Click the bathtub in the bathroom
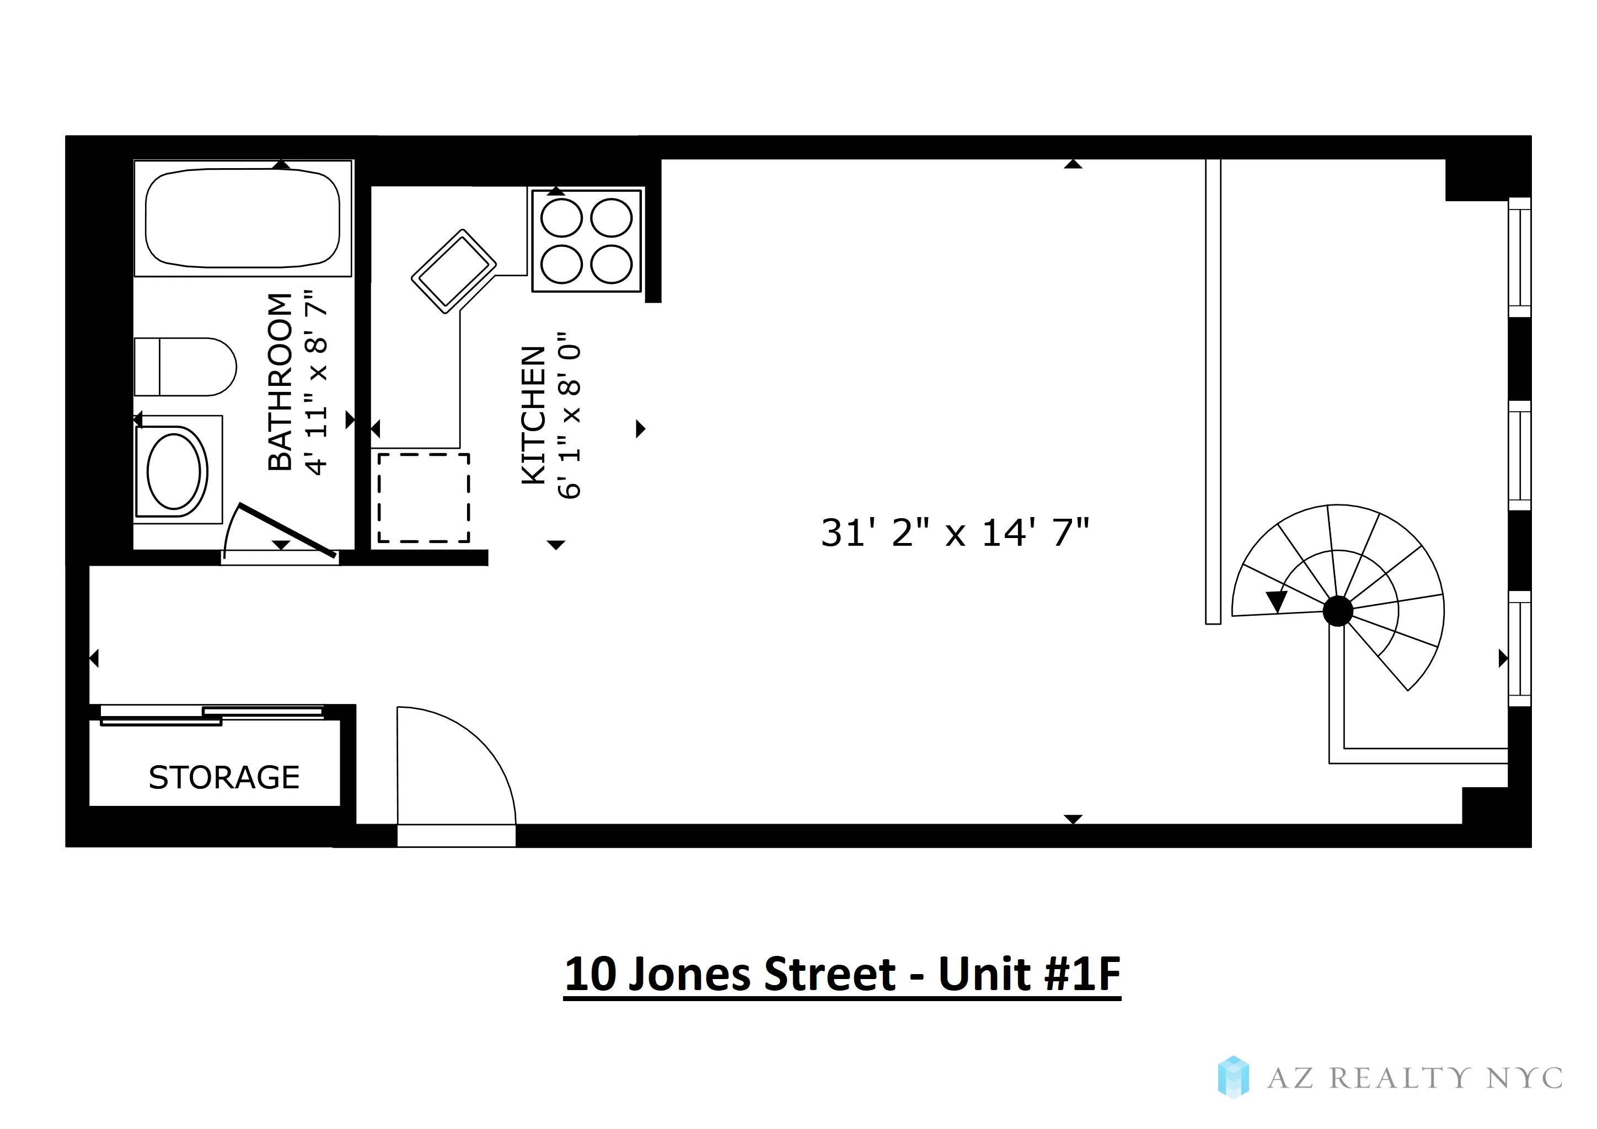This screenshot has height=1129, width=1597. (x=242, y=218)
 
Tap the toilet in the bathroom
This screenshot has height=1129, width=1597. (x=185, y=367)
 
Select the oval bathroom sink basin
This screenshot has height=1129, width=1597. (x=174, y=472)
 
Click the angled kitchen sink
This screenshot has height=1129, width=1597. (x=453, y=271)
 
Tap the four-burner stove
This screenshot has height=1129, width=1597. (x=586, y=240)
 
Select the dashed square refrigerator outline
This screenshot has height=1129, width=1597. (x=424, y=498)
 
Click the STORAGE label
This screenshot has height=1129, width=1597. (x=224, y=777)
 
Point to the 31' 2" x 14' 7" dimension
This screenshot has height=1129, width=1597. (x=955, y=533)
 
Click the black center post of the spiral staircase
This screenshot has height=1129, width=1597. (x=1337, y=611)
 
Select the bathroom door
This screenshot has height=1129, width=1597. (x=287, y=530)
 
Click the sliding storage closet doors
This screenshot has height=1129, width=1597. (x=212, y=714)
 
